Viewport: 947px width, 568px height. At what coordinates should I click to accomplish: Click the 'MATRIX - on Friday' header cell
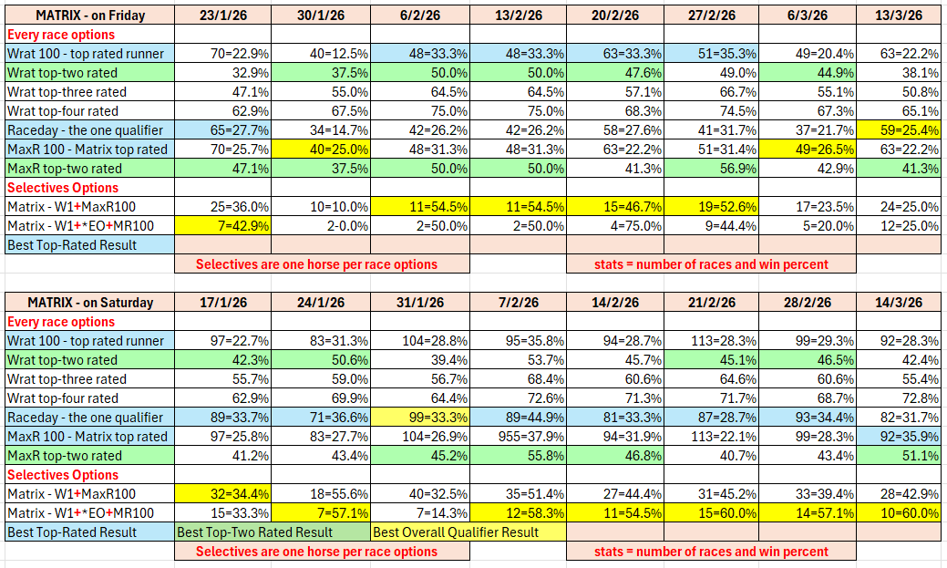point(89,15)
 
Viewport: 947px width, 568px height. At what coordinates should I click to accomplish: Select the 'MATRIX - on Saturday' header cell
point(89,303)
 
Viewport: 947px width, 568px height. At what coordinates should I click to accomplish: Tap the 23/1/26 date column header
point(223,15)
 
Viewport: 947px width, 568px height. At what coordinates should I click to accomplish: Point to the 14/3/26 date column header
point(899,303)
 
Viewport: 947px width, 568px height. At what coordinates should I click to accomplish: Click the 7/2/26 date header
point(518,303)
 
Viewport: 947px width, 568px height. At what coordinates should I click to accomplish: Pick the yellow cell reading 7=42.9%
point(223,225)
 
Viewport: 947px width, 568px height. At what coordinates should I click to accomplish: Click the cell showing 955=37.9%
point(518,437)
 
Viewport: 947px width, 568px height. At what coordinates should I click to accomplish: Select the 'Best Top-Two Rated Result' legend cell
point(273,532)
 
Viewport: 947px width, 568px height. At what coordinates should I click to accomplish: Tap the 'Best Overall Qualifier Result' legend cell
point(468,532)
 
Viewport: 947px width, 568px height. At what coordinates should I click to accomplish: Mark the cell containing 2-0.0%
point(321,225)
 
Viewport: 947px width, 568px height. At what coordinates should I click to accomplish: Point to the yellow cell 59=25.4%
point(899,130)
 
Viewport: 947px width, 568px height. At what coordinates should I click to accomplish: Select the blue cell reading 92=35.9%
point(899,437)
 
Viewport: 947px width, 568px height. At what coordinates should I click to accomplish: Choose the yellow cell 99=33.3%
point(420,418)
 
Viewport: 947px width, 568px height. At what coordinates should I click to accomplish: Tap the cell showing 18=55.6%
point(321,494)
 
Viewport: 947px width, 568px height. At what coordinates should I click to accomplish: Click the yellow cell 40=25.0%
point(321,150)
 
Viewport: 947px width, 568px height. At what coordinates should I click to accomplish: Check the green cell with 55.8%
point(518,456)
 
